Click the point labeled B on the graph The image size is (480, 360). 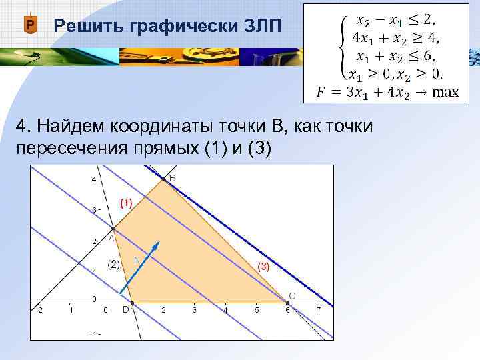(163, 179)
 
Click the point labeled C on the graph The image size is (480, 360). (287, 303)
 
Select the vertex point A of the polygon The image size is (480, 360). (112, 229)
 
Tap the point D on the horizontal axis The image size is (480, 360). (132, 303)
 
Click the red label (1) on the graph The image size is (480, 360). (126, 201)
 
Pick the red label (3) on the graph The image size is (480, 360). (264, 266)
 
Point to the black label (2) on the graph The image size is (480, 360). (114, 264)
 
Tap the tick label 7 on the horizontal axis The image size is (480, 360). (319, 311)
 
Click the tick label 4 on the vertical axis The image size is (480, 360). (94, 179)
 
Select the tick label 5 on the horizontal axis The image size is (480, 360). (257, 311)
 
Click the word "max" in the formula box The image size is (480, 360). (445, 92)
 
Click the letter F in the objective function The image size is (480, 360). (321, 92)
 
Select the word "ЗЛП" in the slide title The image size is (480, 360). (253, 26)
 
